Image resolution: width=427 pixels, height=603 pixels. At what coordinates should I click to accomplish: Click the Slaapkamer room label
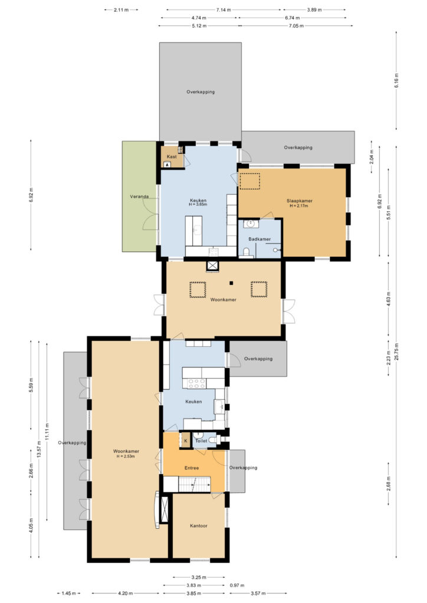coord(299,201)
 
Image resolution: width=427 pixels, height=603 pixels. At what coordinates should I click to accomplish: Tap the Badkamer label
coord(260,239)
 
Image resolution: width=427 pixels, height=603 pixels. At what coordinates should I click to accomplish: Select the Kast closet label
coord(172,157)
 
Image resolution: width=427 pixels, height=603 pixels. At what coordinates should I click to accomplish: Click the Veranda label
coord(139,197)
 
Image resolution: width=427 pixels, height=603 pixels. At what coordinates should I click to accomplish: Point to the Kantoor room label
coord(199,526)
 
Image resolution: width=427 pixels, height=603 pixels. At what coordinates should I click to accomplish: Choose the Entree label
coord(192,468)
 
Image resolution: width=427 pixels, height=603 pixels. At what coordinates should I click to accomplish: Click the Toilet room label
coord(201,440)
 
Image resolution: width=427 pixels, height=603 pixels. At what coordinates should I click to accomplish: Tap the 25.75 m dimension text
coord(396,352)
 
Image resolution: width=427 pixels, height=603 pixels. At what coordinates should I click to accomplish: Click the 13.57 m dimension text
coord(39,448)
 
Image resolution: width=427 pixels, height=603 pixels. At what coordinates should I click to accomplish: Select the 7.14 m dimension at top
coord(224,10)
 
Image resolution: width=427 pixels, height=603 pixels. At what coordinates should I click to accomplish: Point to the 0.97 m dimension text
coord(237,585)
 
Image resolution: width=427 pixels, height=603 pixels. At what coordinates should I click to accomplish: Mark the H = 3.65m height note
coord(198,204)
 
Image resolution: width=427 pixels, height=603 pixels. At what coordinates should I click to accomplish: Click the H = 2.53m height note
coord(126,456)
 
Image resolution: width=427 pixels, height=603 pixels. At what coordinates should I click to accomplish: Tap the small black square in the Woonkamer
coord(231,283)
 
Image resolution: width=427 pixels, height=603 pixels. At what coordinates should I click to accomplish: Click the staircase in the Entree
coord(195,484)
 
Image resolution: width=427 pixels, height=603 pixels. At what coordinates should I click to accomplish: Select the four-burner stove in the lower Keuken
coord(196,383)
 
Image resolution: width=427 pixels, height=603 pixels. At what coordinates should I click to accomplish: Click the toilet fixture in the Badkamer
coord(246,253)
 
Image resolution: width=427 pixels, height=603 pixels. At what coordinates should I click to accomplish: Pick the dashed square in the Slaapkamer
coord(250,181)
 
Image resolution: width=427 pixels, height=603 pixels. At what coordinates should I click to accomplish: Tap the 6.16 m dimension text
coord(396,80)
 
